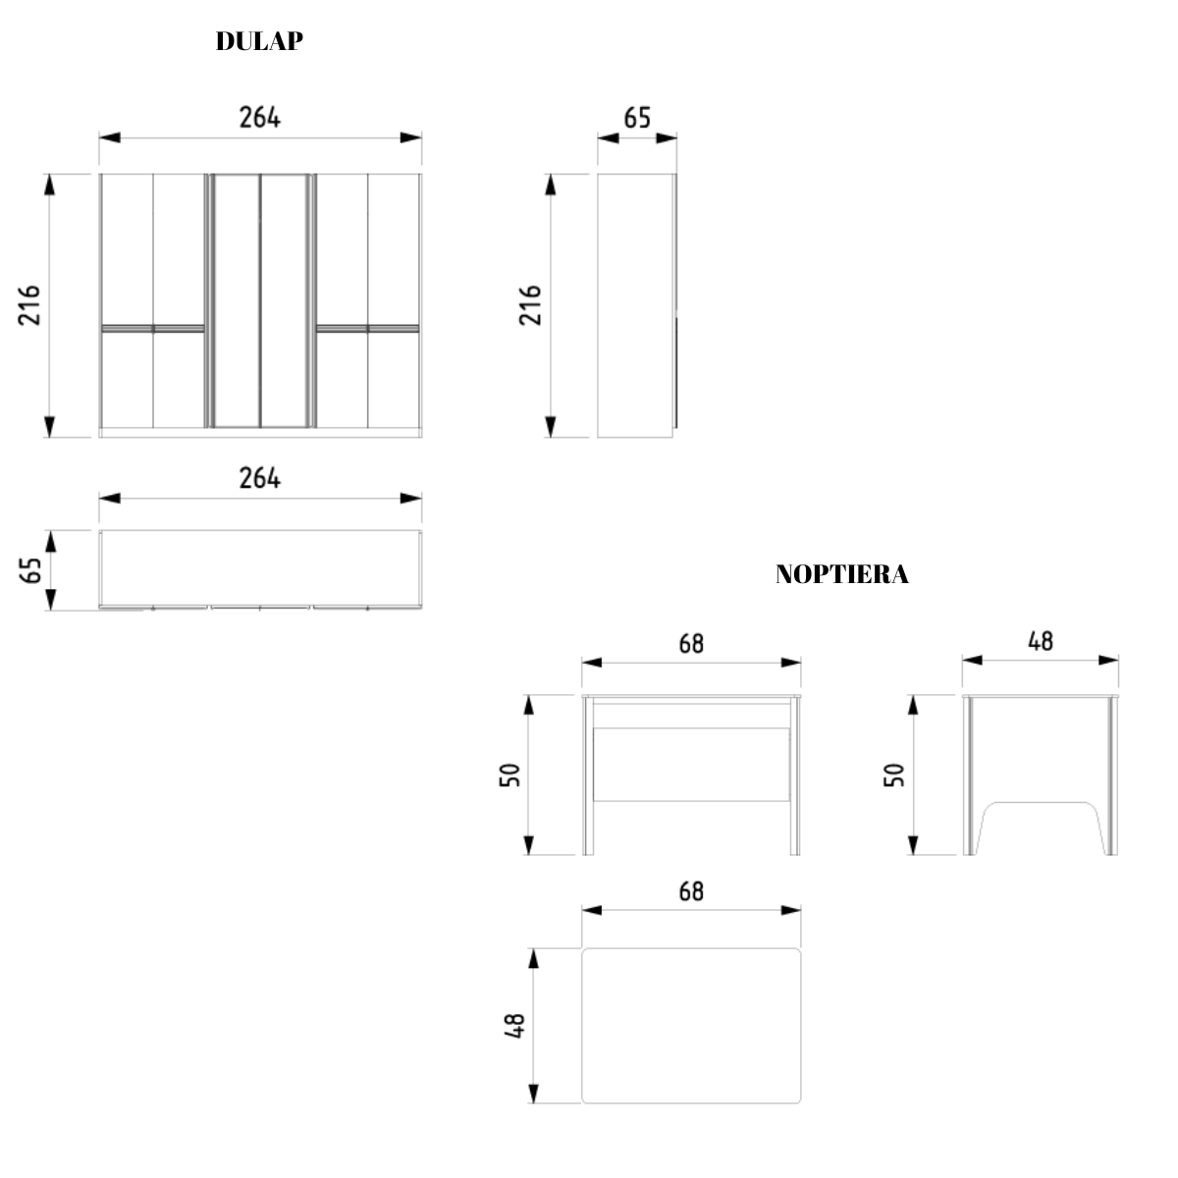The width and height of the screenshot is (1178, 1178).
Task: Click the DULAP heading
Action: click(259, 41)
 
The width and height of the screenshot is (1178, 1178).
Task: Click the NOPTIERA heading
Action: click(841, 574)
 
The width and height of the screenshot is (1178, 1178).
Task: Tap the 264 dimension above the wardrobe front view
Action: click(260, 118)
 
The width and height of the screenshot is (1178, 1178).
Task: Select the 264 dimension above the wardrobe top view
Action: click(260, 478)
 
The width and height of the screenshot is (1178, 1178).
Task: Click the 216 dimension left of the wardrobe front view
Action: click(29, 305)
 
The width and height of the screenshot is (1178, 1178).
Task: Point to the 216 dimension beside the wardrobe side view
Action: click(530, 305)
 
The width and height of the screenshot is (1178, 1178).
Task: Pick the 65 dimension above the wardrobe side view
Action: click(637, 118)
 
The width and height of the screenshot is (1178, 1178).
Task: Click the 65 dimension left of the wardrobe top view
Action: click(29, 570)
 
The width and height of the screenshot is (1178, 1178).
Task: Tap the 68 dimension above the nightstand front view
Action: click(691, 644)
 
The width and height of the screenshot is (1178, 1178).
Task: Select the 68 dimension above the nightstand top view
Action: click(691, 891)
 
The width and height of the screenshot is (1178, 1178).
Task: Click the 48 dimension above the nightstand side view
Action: click(1041, 641)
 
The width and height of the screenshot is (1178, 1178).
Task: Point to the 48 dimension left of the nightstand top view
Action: click(514, 1026)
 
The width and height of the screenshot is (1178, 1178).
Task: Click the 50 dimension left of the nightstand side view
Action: click(894, 775)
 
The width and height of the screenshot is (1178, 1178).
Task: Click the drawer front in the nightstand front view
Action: click(692, 764)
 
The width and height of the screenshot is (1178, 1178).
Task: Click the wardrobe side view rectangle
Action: click(636, 305)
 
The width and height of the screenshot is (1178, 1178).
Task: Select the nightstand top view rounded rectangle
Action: click(691, 1026)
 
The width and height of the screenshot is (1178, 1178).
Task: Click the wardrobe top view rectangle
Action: click(260, 567)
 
